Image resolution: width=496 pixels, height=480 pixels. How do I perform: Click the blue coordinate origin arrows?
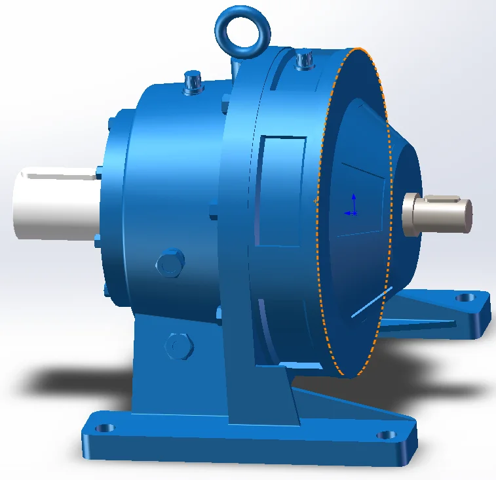point(353,205)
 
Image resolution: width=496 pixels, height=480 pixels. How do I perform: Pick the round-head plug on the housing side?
point(170,264)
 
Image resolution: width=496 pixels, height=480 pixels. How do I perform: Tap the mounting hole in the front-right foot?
point(386,434)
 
